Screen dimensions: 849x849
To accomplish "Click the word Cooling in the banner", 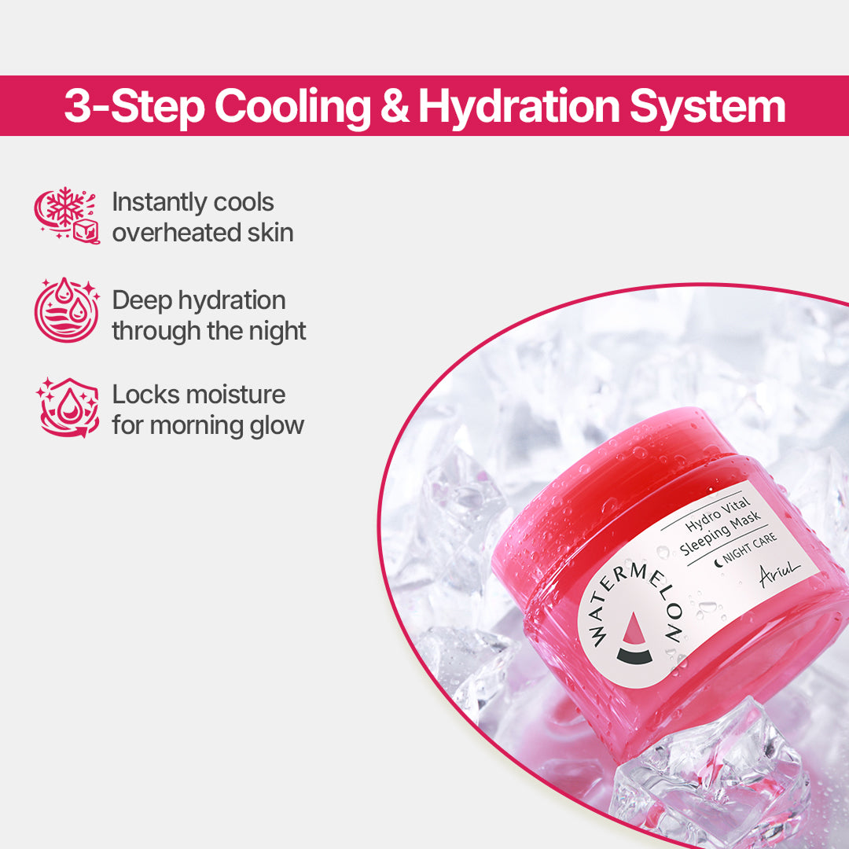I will (291, 107).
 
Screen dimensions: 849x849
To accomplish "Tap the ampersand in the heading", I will (395, 107).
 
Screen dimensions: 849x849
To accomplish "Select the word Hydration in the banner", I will (516, 107).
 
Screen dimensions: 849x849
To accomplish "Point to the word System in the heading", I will (707, 107).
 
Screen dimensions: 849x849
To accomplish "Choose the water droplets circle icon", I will (67, 311).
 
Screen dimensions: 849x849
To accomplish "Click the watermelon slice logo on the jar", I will (634, 641).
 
